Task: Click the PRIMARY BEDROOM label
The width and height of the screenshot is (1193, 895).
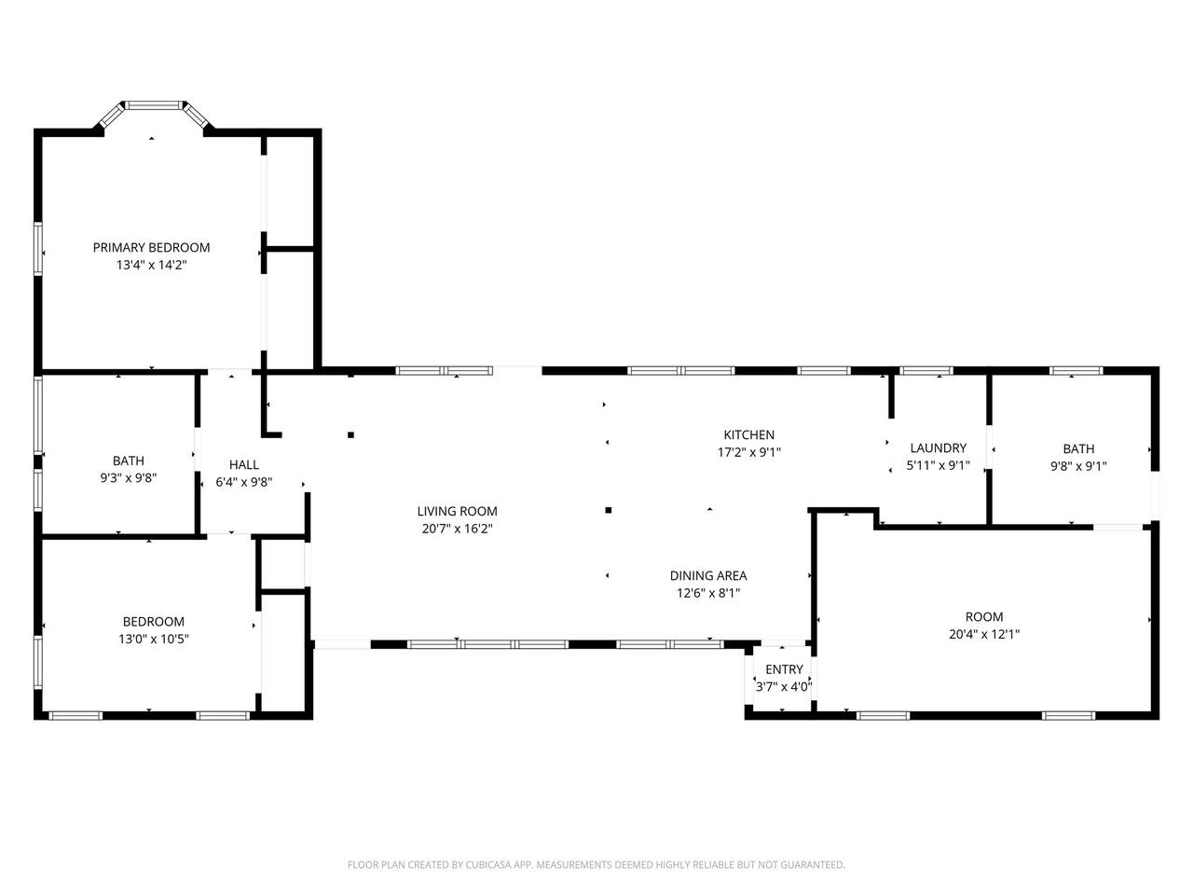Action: (151, 248)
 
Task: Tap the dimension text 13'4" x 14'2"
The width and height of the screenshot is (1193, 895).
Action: (151, 265)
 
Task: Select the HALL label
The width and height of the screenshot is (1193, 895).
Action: (244, 464)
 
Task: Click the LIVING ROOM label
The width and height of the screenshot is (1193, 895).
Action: (457, 511)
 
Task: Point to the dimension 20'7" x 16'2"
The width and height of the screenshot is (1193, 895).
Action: (457, 529)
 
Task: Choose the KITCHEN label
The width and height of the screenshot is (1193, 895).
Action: (749, 434)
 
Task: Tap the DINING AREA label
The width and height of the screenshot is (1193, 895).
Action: (708, 575)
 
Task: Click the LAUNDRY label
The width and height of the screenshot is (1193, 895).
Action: (939, 447)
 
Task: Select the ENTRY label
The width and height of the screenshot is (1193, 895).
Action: (784, 669)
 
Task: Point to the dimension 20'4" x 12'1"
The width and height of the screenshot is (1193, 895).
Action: (984, 634)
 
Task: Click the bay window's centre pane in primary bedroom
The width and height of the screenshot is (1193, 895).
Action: (155, 104)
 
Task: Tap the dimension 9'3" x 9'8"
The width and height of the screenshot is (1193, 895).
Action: (129, 478)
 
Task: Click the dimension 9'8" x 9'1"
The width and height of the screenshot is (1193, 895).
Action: (1078, 466)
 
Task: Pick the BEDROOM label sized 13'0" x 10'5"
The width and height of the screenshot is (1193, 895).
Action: (153, 622)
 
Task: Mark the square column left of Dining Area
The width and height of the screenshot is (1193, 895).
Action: (609, 510)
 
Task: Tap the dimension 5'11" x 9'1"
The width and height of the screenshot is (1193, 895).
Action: (939, 466)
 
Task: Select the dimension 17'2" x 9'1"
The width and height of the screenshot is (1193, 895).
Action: (749, 452)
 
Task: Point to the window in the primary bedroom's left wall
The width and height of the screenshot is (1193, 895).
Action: (38, 250)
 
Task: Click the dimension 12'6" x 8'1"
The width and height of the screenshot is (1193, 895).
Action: (708, 593)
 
